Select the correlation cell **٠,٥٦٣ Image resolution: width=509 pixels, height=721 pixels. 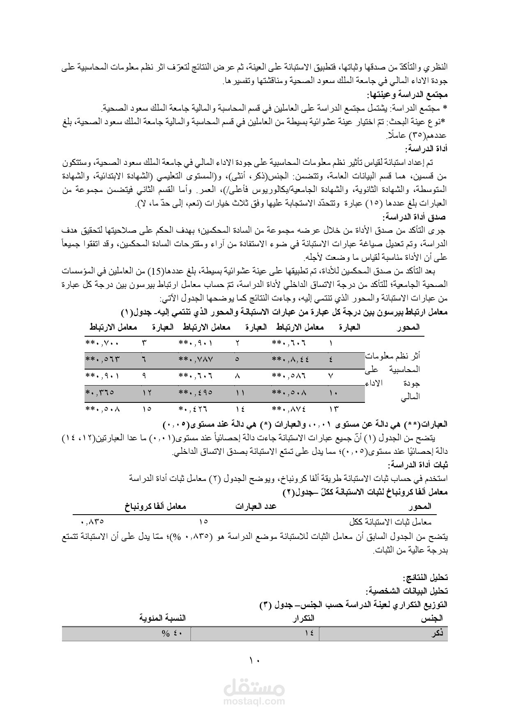tap(103, 359)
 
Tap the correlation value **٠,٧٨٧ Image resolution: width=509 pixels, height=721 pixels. tap(196, 359)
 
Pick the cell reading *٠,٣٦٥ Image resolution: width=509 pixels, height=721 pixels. tap(99, 393)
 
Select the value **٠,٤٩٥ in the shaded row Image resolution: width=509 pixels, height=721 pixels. tap(196, 393)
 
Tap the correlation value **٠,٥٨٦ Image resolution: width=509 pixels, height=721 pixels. tap(289, 376)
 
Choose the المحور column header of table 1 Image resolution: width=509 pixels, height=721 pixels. tap(409, 327)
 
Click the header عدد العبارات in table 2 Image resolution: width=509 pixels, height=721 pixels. tap(256, 506)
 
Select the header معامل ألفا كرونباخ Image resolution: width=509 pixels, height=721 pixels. tap(156, 506)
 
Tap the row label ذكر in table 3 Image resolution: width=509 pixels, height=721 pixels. tap(438, 634)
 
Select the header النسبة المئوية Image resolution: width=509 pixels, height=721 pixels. tap(163, 618)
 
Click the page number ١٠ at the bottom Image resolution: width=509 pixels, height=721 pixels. tap(254, 661)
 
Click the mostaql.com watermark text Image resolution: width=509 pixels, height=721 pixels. tap(254, 701)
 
